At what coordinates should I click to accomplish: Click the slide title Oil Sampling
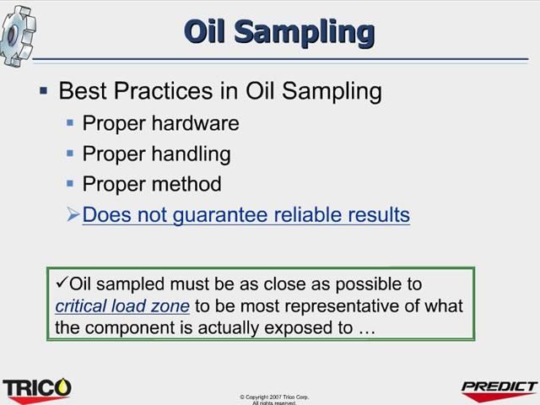pyautogui.click(x=279, y=31)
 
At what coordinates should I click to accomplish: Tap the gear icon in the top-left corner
pyautogui.click(x=19, y=34)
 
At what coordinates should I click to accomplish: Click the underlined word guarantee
pyautogui.click(x=224, y=215)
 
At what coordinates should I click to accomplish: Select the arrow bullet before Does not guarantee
pyautogui.click(x=73, y=215)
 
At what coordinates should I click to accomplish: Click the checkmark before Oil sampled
pyautogui.click(x=61, y=283)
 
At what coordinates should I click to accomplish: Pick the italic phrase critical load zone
pyautogui.click(x=122, y=306)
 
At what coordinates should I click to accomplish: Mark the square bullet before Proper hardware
pyautogui.click(x=71, y=122)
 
